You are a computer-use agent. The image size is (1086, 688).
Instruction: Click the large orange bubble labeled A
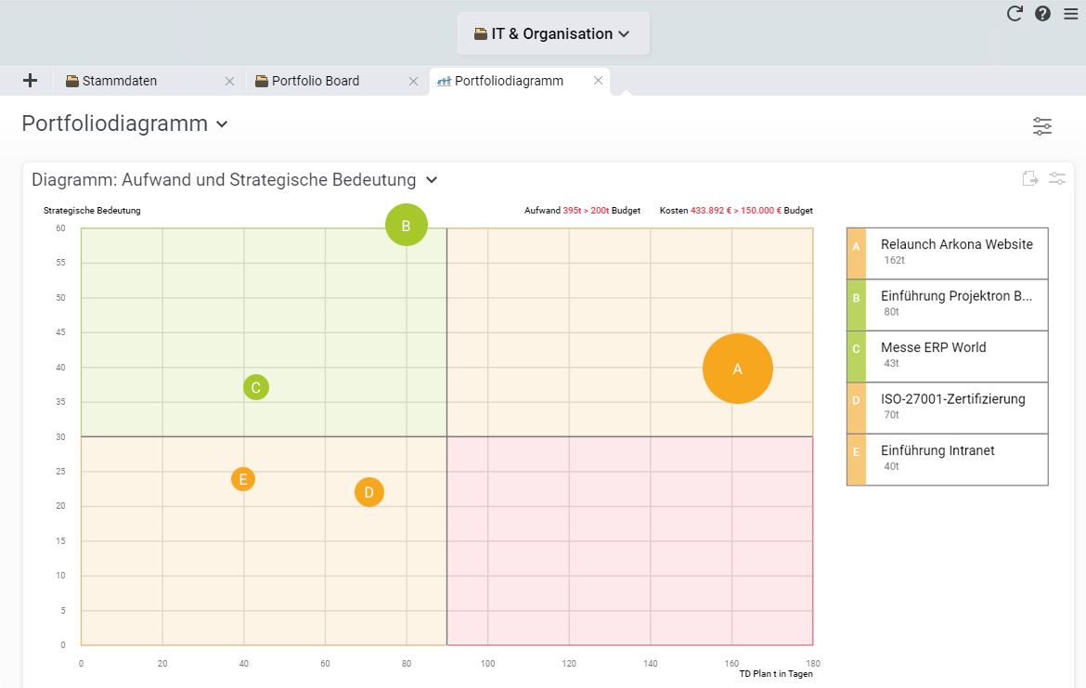coord(738,369)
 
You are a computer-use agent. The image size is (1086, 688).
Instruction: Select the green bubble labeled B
coord(407,225)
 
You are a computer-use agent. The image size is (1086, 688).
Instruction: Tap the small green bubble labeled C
coord(256,387)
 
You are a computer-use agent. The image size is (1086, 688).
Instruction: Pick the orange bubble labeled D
coord(368,492)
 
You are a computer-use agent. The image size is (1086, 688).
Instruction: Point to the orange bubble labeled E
coord(243,479)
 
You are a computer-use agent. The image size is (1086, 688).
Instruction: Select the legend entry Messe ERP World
coord(956,356)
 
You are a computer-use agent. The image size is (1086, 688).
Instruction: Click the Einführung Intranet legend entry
coord(956,459)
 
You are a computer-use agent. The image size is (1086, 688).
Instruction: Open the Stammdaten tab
coord(120,81)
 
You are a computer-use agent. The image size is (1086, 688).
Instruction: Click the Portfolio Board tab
coord(316,81)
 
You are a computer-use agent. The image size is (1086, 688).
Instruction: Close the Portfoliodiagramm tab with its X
coord(599,81)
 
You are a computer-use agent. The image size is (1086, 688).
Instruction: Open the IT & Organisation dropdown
coord(553,33)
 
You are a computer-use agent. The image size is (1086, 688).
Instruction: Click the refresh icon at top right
coord(1015,13)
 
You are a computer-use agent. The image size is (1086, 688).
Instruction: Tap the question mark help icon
coord(1042,13)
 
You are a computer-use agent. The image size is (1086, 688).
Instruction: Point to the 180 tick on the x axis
coord(813,664)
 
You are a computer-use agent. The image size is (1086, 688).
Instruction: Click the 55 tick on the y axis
coord(59,263)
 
